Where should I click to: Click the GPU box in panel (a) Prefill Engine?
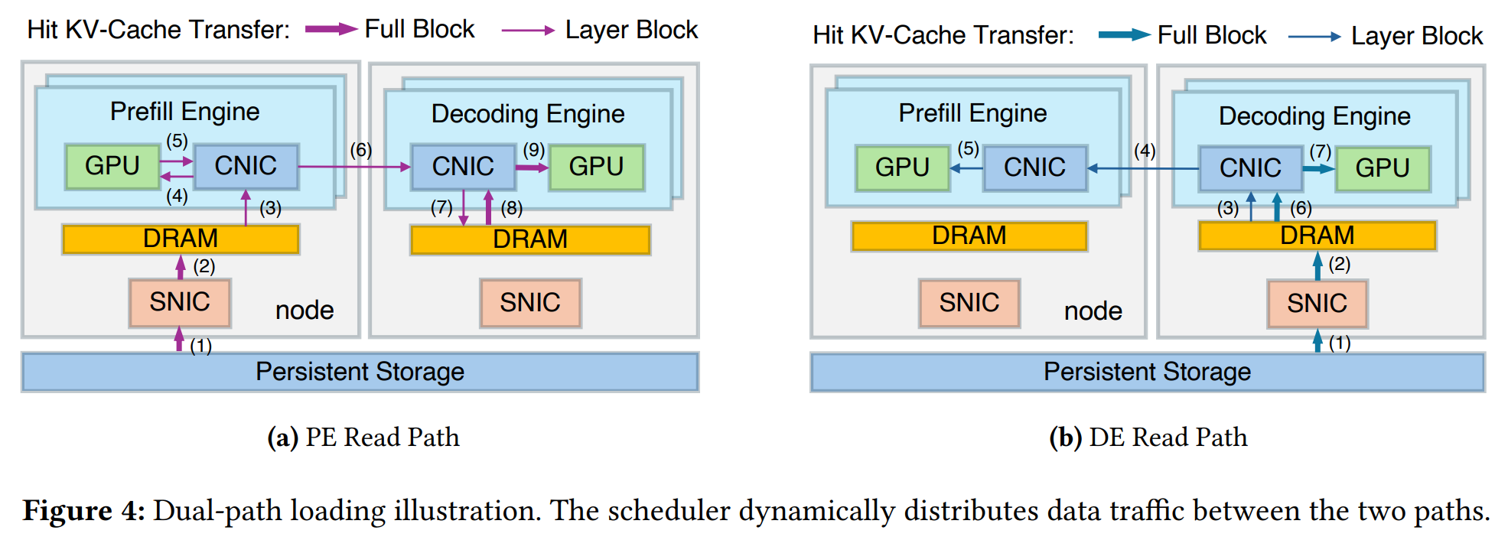112,166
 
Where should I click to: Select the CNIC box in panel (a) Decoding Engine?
463,167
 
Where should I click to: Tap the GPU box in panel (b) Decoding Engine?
1382,168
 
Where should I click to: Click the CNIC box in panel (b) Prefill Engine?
1034,168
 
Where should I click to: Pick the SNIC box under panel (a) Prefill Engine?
180,302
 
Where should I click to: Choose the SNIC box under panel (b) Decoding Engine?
1317,304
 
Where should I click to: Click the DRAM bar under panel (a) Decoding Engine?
530,239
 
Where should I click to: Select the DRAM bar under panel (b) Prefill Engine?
969,236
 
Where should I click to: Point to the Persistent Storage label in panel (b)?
1147,372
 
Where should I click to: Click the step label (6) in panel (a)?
361,150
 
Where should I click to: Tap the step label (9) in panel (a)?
534,150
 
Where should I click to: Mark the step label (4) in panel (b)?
1145,151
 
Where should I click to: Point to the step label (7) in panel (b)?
1321,151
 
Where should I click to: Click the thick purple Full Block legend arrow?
331,30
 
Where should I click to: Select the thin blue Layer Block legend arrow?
1314,36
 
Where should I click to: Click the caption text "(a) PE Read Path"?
363,437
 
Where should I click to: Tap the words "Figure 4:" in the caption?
83,510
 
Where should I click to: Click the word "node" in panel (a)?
305,311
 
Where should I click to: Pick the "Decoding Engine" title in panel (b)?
1314,116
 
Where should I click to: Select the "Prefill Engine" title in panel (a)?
185,112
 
